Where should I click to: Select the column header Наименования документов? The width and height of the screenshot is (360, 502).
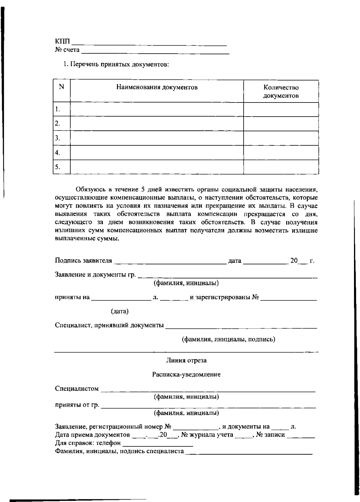pyautogui.click(x=157, y=88)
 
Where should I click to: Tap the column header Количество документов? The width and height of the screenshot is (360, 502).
pyautogui.click(x=281, y=92)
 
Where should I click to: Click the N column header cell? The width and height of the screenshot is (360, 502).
pyautogui.click(x=62, y=87)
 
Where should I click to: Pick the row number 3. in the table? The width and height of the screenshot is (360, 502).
pyautogui.click(x=58, y=138)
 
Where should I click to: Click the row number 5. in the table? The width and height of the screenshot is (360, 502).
pyautogui.click(x=58, y=167)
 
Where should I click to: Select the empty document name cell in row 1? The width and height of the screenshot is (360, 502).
pyautogui.click(x=157, y=109)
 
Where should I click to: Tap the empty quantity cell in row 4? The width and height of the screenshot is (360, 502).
pyautogui.click(x=281, y=153)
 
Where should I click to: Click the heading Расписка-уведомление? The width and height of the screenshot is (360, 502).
pyautogui.click(x=186, y=375)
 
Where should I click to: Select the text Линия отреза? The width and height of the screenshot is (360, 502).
pyautogui.click(x=186, y=361)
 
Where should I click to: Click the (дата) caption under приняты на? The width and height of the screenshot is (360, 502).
pyautogui.click(x=120, y=312)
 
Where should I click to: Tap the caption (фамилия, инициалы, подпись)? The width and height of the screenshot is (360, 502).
pyautogui.click(x=229, y=340)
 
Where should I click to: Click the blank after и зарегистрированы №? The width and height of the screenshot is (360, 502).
pyautogui.click(x=289, y=299)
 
